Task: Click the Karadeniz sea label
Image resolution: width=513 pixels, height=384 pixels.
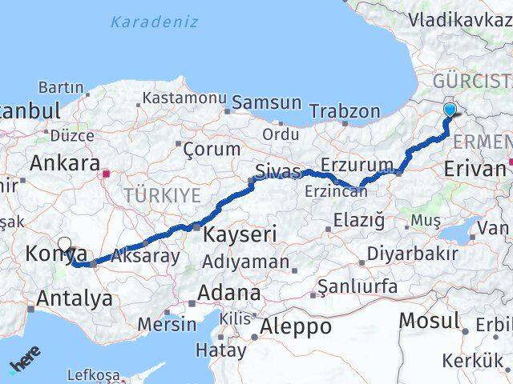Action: pyautogui.click(x=155, y=22)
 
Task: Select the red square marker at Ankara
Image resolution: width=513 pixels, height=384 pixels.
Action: pyautogui.click(x=105, y=170)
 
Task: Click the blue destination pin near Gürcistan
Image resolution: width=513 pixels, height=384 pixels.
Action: pyautogui.click(x=450, y=111)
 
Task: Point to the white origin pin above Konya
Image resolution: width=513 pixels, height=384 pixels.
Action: pyautogui.click(x=64, y=246)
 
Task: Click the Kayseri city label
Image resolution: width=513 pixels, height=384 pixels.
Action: pyautogui.click(x=240, y=234)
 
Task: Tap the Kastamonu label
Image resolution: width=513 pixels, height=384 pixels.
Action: pyautogui.click(x=184, y=98)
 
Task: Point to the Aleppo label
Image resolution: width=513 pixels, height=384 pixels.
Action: pyautogui.click(x=297, y=326)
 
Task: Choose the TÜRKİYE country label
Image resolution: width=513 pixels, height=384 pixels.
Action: pyautogui.click(x=161, y=194)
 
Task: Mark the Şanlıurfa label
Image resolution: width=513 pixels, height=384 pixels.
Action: pyautogui.click(x=357, y=286)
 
